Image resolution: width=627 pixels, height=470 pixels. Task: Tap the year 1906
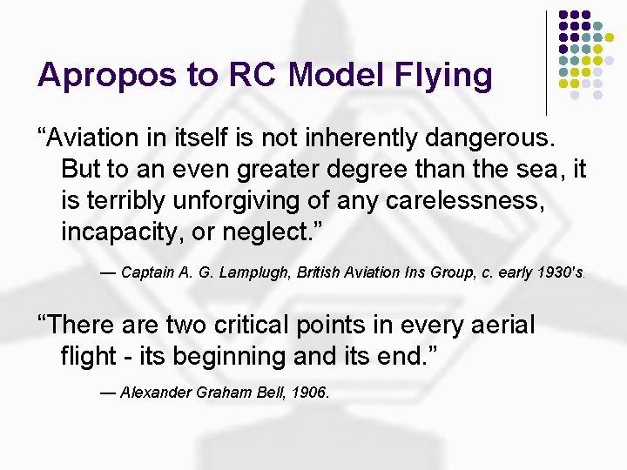[x=309, y=393]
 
